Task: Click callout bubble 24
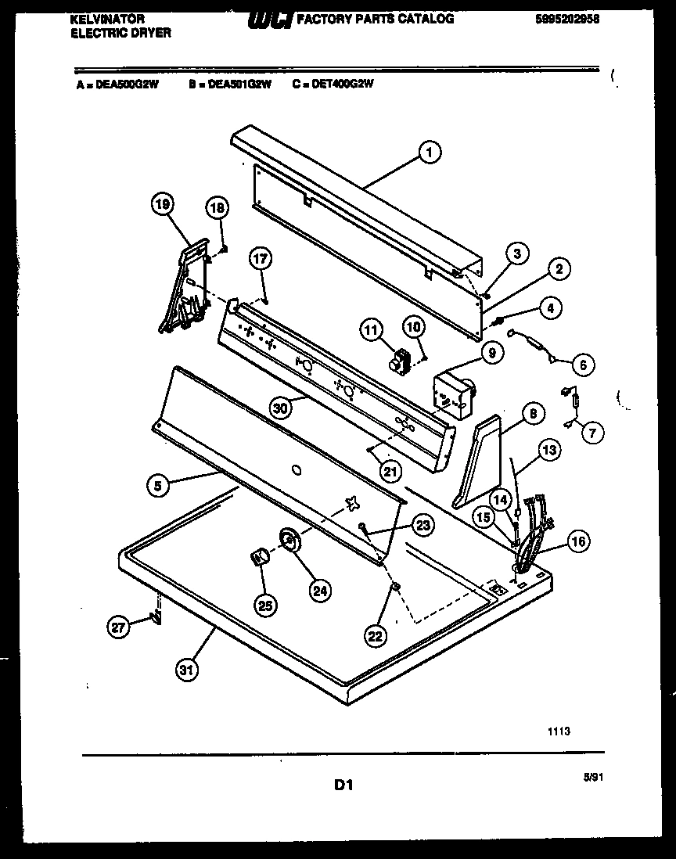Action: [x=318, y=591]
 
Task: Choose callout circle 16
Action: [x=579, y=541]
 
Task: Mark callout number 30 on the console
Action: [x=280, y=407]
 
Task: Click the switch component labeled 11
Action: [x=401, y=361]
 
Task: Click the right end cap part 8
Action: [x=479, y=462]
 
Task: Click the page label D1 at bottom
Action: [x=342, y=783]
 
